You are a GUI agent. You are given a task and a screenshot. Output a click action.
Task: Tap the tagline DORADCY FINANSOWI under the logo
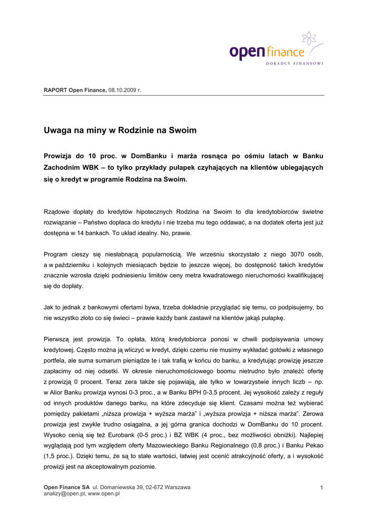tap(295, 63)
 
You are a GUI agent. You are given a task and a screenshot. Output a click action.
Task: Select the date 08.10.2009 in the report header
tap(122, 90)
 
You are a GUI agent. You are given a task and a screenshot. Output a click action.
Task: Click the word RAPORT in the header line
tap(55, 90)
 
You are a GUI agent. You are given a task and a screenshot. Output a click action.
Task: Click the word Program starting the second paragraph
tap(56, 254)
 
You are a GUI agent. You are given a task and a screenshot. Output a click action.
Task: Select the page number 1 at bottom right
tap(321, 488)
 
